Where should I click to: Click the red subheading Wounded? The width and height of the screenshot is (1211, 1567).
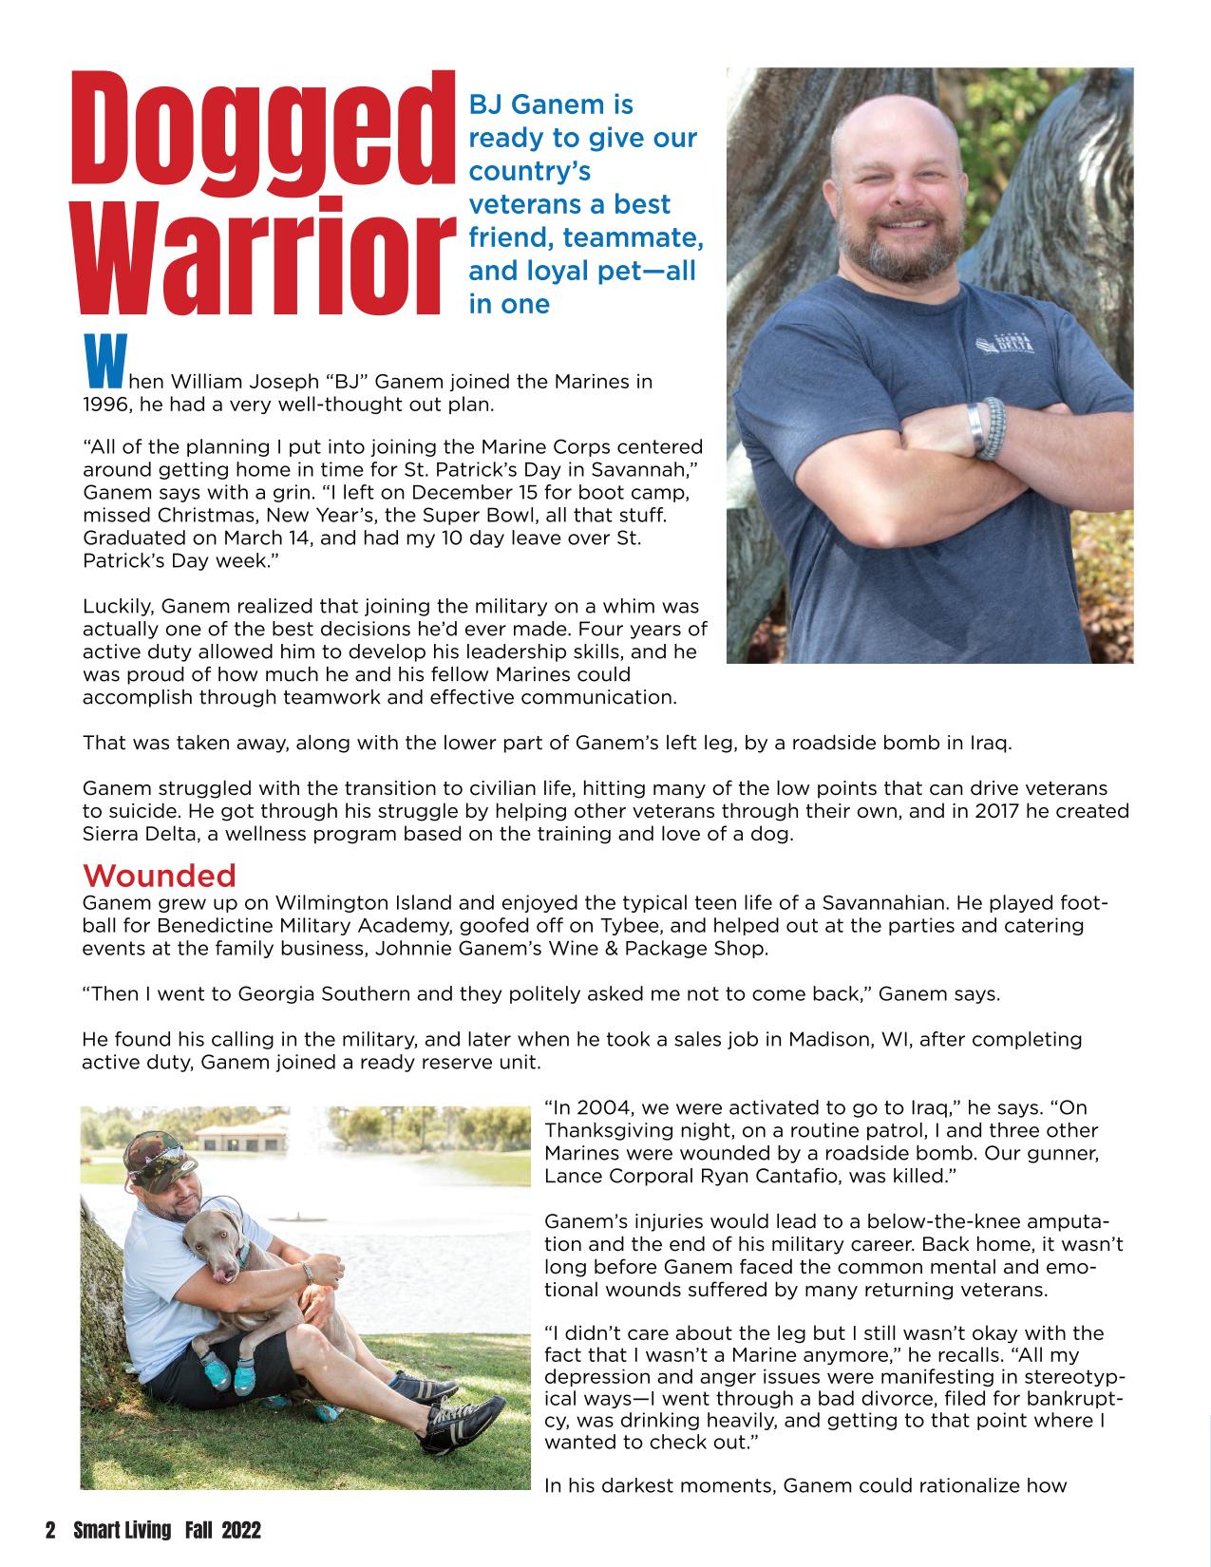(159, 874)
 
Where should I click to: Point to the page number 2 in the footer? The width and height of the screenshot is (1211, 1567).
(50, 1530)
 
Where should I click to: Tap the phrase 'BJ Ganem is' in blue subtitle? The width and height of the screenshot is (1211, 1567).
(551, 104)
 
